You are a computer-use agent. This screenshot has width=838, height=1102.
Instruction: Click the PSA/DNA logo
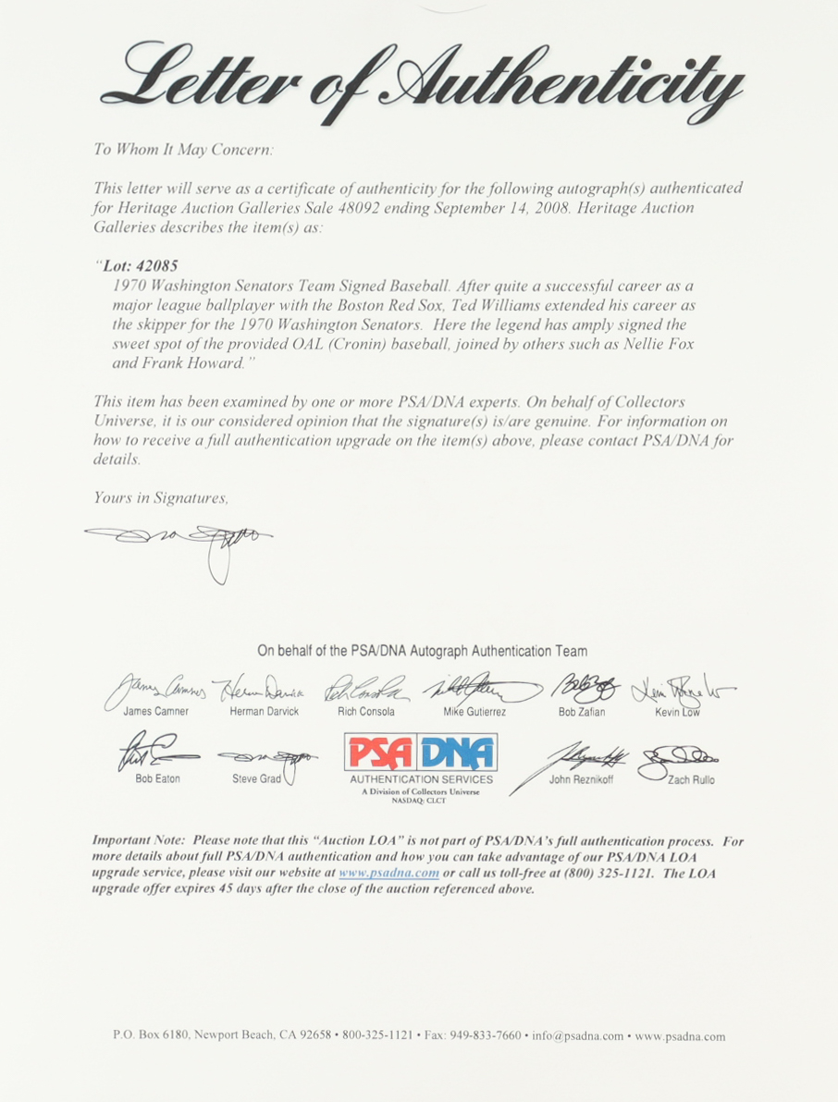420,753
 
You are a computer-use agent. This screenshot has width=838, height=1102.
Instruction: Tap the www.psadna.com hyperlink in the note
388,874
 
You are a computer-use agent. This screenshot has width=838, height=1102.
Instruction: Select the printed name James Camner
155,712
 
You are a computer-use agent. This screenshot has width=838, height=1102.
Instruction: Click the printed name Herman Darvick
264,712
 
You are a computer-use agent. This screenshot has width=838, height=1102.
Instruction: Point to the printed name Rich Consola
366,712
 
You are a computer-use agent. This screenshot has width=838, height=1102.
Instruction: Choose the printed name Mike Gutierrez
474,712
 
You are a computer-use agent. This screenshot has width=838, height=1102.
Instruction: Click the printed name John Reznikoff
581,779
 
